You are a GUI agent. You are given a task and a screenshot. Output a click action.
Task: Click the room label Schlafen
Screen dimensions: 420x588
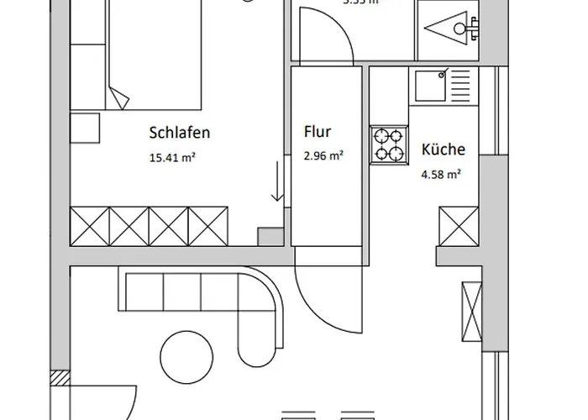coord(179,133)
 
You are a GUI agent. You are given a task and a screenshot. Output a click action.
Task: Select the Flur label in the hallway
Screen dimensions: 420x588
coord(318,132)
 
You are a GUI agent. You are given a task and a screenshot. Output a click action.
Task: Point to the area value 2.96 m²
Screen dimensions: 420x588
coord(323,155)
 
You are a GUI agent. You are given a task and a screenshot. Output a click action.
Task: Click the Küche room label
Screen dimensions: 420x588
coord(443,151)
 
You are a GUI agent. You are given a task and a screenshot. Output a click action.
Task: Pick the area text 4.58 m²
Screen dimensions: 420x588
coord(441,175)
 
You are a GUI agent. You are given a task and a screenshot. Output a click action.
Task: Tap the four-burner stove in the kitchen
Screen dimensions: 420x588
coord(389,144)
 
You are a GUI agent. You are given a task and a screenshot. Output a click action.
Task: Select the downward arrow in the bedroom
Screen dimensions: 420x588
coord(276,183)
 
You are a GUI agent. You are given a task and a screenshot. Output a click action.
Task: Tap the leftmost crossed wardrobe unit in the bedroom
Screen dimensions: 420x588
coord(90,226)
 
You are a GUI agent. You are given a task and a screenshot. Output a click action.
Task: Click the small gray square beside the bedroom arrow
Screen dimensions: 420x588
coord(269,236)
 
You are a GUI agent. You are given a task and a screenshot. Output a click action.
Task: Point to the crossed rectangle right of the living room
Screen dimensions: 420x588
coord(471,313)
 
